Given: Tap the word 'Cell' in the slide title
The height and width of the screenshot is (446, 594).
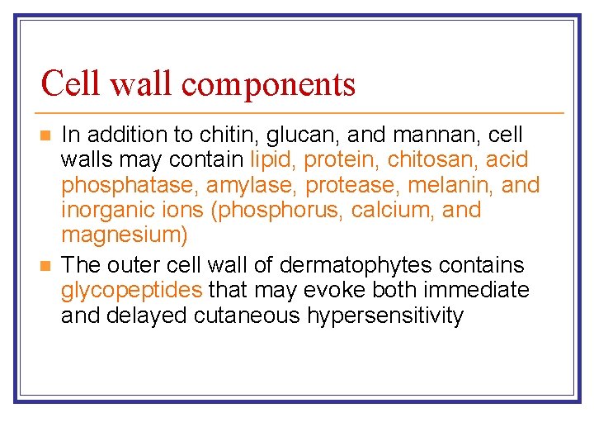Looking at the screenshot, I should click(x=72, y=83).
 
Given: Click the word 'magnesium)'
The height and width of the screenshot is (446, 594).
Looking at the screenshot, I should click(x=125, y=235).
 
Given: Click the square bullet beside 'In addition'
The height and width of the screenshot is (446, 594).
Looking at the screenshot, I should click(x=46, y=135).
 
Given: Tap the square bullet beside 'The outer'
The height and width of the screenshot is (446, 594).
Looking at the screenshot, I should click(x=46, y=265).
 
